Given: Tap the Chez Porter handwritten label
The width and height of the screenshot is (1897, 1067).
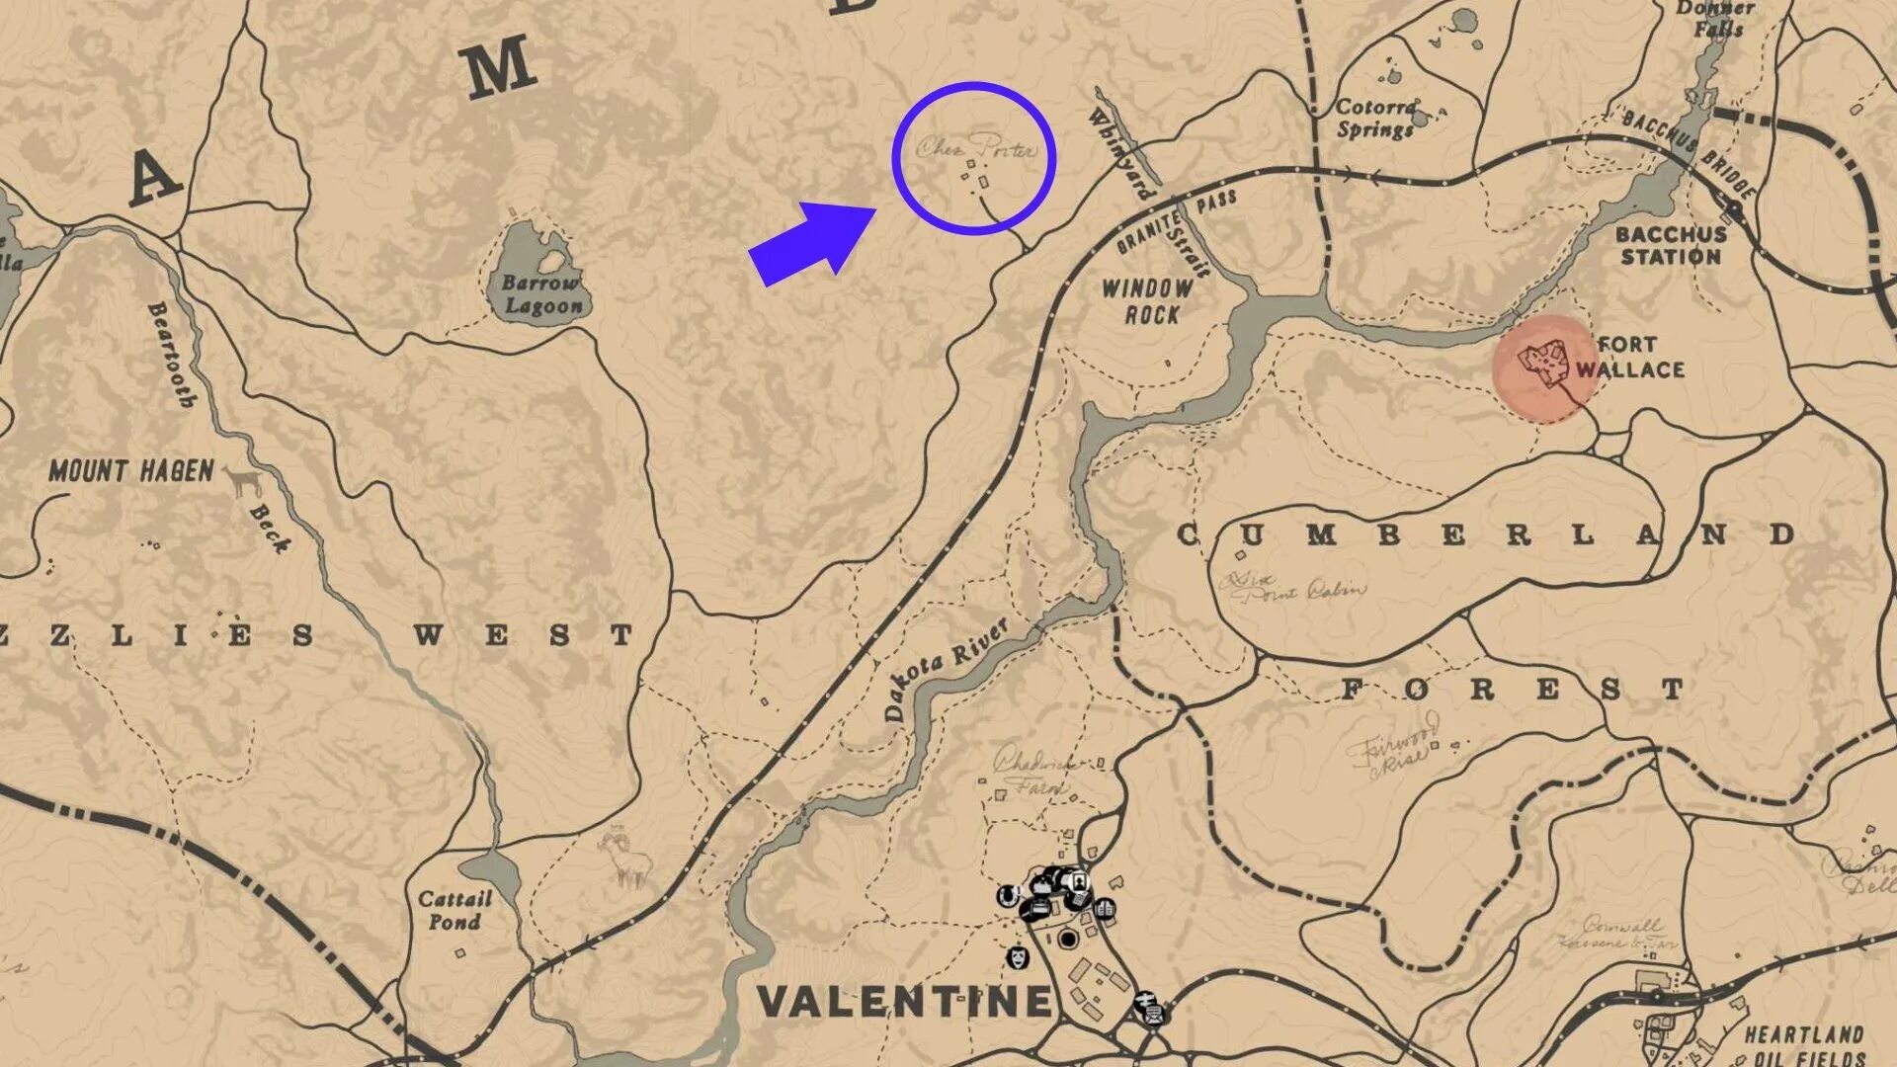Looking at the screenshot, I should (x=976, y=148).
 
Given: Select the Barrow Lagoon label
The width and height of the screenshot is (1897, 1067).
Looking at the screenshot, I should (x=542, y=294).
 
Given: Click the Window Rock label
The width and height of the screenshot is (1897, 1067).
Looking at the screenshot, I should (x=1148, y=302).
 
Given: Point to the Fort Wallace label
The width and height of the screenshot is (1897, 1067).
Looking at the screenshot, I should (x=1629, y=358).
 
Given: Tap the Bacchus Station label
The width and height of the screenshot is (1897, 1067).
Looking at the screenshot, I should (x=1671, y=246).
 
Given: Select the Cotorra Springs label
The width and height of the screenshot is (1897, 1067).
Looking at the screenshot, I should (x=1376, y=119).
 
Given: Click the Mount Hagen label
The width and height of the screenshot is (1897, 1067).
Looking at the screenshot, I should (x=131, y=471).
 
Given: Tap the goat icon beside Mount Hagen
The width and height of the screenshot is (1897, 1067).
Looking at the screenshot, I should (x=244, y=481).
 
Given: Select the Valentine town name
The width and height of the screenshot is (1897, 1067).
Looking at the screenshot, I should (x=904, y=1002).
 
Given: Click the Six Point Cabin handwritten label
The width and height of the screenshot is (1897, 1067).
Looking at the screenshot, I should (x=1294, y=588).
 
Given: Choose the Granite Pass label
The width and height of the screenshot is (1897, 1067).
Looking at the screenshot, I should (x=1176, y=219).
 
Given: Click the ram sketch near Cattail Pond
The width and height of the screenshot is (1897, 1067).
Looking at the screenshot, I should (x=624, y=858).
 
